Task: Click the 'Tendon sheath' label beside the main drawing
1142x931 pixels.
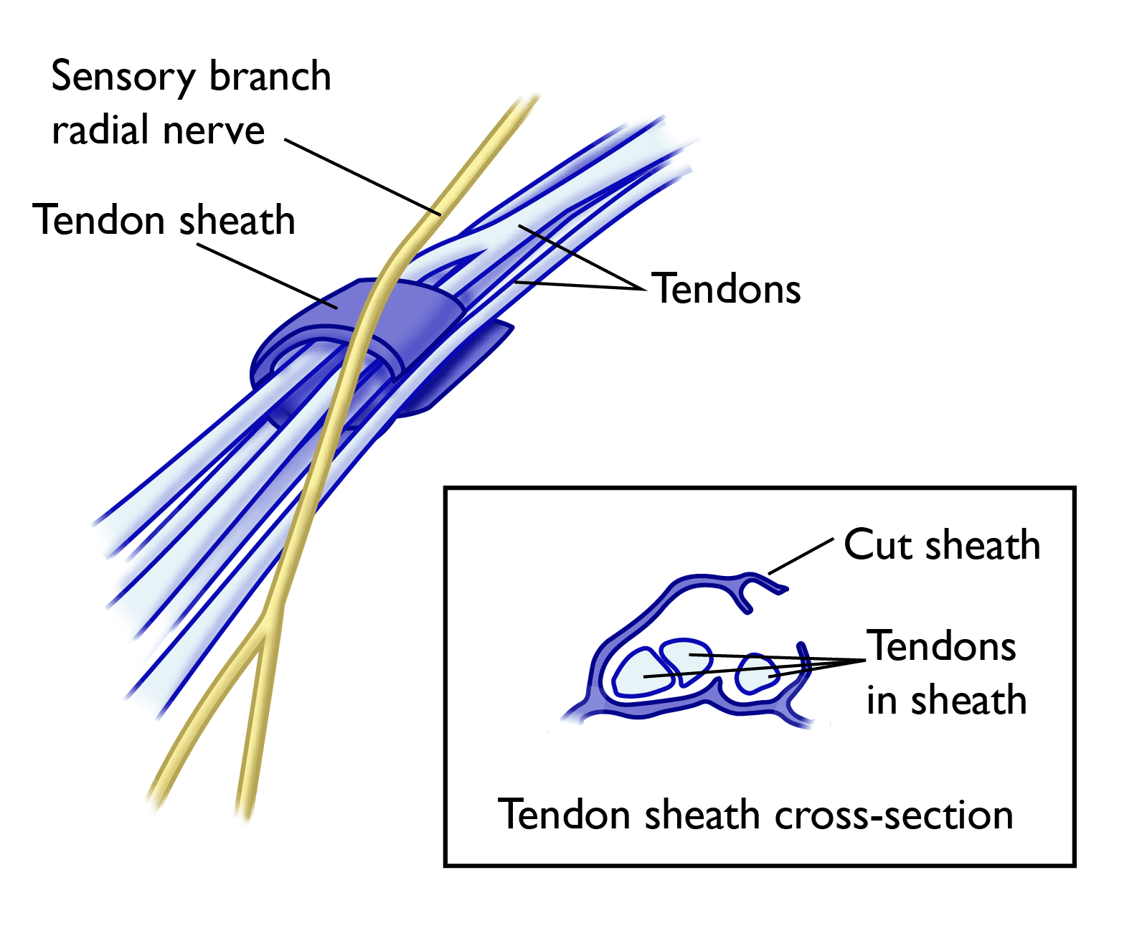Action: tap(164, 220)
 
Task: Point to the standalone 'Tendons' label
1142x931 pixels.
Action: tap(726, 289)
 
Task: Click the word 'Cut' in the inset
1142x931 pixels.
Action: tap(878, 544)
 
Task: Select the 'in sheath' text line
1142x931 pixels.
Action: tap(945, 701)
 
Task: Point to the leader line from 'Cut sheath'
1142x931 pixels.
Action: tap(801, 556)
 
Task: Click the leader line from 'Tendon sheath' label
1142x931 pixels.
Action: tap(265, 276)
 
